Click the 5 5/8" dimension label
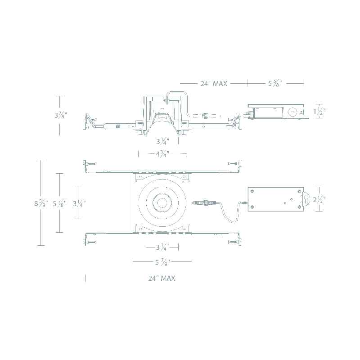pyautogui.click(x=275, y=83)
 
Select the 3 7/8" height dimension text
pyautogui.click(x=61, y=115)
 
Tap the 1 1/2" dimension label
pyautogui.click(x=319, y=111)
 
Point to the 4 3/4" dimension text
pyautogui.click(x=162, y=154)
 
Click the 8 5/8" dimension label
pyautogui.click(x=41, y=203)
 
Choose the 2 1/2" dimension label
pyautogui.click(x=319, y=199)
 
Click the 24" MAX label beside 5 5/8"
pyautogui.click(x=214, y=84)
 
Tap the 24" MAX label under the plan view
pyautogui.click(x=162, y=278)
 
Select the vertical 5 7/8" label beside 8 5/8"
pyautogui.click(x=60, y=203)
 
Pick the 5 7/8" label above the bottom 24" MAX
pyautogui.click(x=162, y=262)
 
